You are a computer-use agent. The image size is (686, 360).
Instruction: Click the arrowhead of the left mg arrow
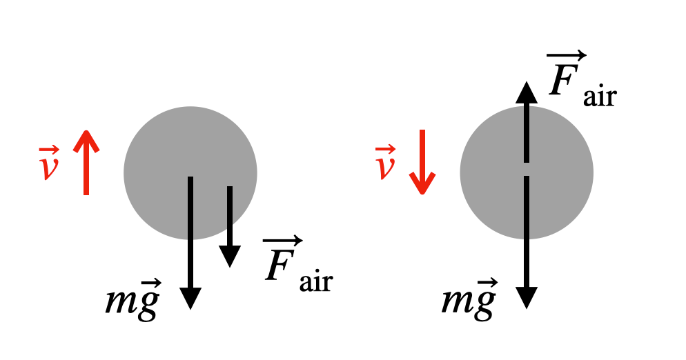pos(190,297)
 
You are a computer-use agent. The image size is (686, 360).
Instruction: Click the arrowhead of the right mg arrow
pos(527,297)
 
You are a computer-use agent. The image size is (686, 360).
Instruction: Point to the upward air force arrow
pos(527,124)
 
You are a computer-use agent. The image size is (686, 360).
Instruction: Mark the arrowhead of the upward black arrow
pos(527,92)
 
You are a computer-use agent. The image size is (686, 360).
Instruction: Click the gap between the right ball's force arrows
pos(527,170)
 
